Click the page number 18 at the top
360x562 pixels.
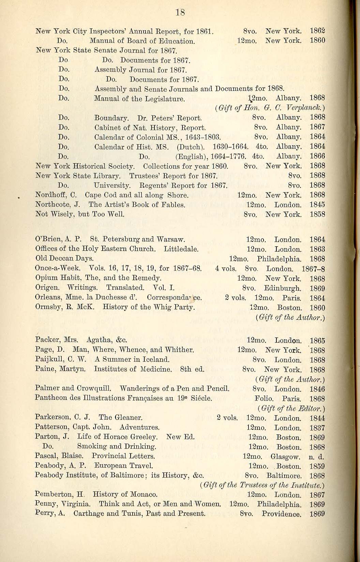point(180,13)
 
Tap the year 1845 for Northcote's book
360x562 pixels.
point(317,205)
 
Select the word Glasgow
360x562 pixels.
point(285,456)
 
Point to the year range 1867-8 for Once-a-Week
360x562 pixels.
point(313,269)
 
